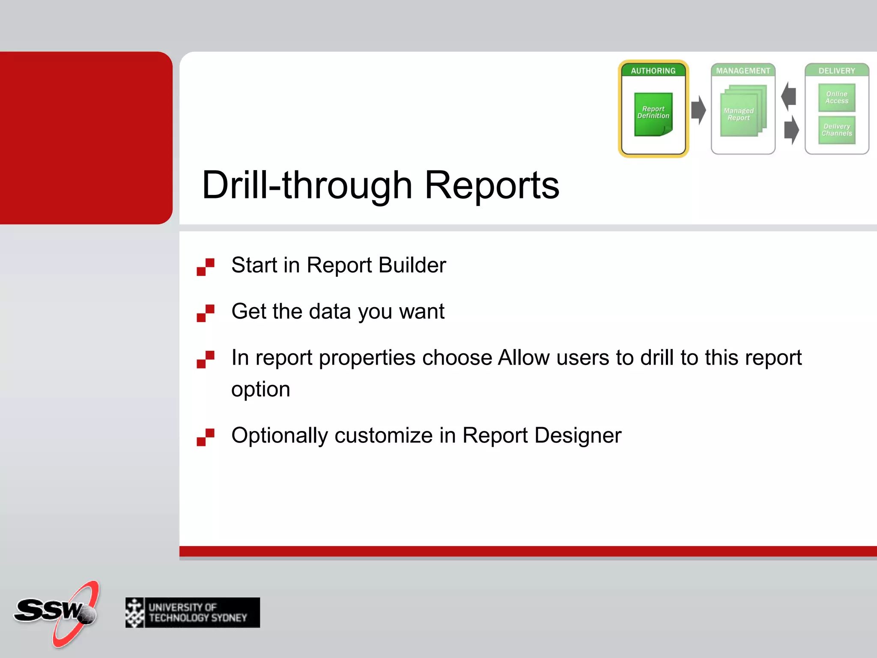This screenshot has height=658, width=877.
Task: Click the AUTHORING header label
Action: click(653, 71)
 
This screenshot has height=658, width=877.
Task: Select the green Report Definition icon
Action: click(653, 114)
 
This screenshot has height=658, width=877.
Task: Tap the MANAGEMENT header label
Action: click(743, 71)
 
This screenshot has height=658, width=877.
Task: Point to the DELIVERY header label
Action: click(836, 71)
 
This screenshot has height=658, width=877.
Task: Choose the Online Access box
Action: click(837, 98)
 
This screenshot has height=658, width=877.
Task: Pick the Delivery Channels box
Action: click(837, 130)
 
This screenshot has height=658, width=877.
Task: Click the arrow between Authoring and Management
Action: click(698, 110)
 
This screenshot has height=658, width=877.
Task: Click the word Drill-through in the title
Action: click(307, 185)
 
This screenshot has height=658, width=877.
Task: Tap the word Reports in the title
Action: click(492, 185)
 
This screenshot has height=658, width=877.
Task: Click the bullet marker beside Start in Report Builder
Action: click(206, 267)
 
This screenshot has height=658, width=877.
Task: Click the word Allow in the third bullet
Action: click(523, 358)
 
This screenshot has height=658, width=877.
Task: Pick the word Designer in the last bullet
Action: click(578, 436)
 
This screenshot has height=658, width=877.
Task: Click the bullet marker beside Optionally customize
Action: click(206, 437)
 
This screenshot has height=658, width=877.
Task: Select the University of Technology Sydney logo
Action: click(193, 613)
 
